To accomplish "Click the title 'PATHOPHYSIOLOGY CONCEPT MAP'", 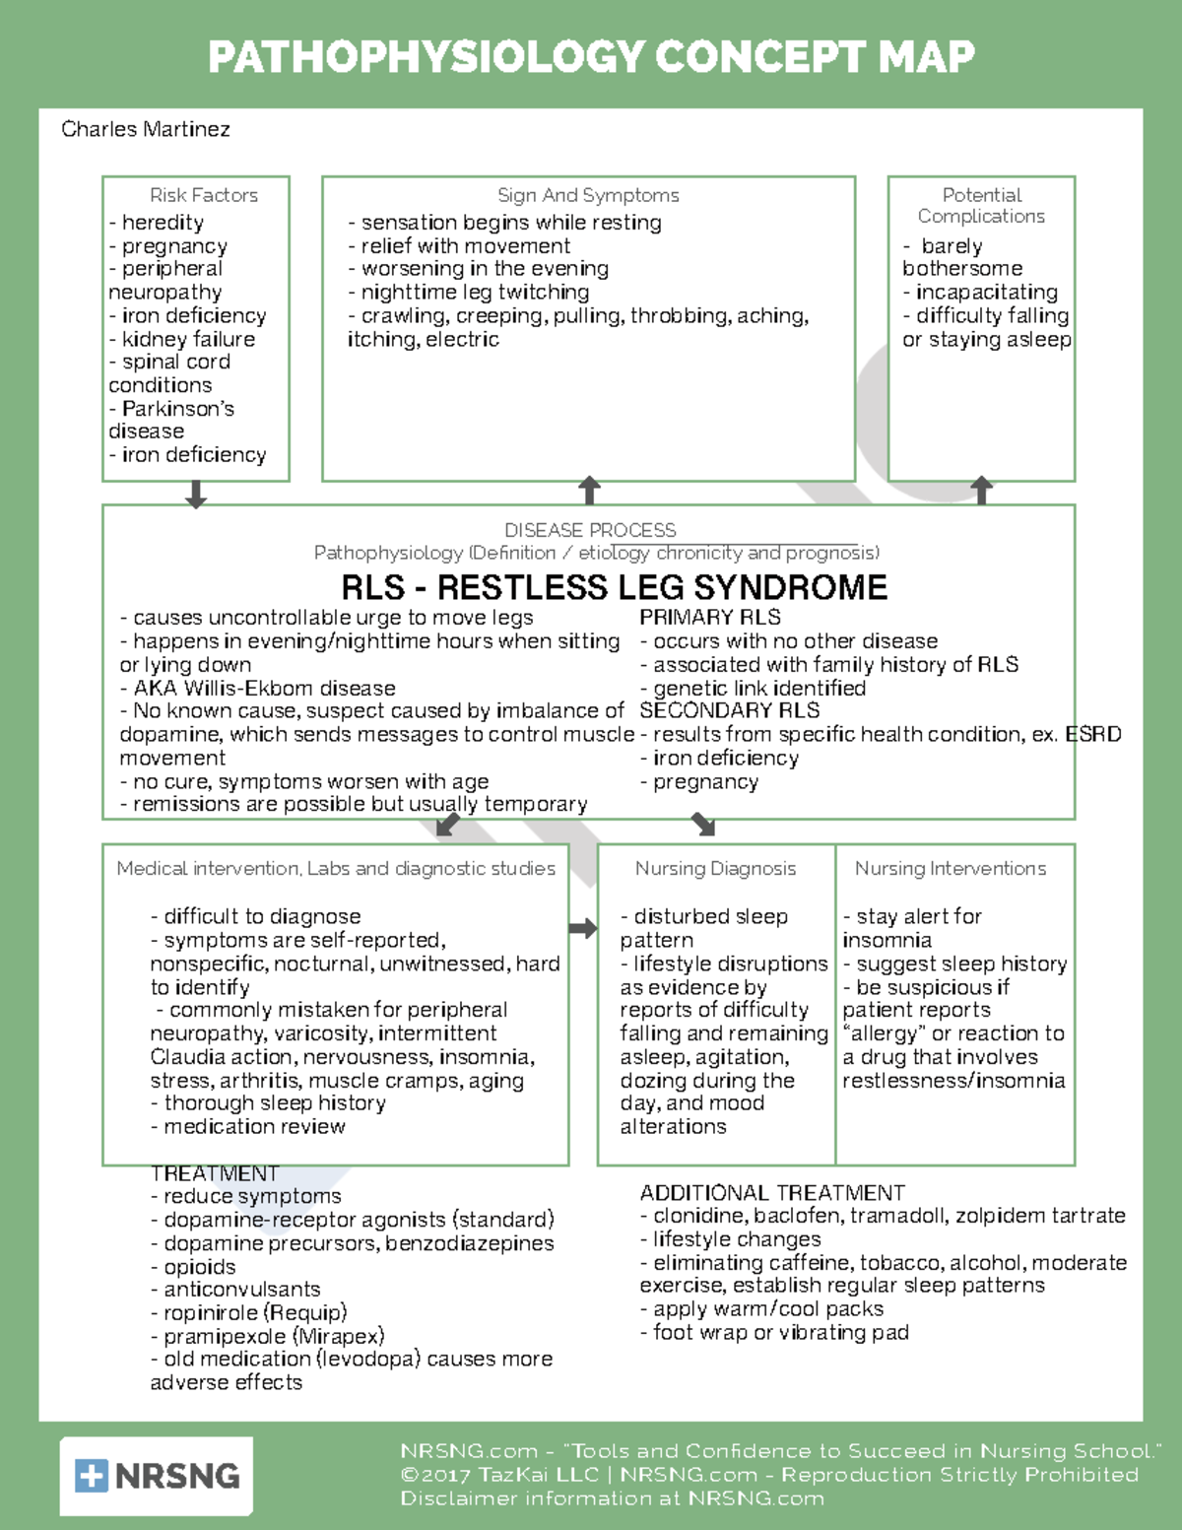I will (591, 56).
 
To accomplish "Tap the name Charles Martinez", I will (146, 129).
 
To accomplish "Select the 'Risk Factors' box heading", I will (204, 195).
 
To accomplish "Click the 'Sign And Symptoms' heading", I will (588, 195).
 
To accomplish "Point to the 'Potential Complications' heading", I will (981, 205).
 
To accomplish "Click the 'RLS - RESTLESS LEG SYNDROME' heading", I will (614, 587).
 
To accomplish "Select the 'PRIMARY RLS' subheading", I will (709, 618).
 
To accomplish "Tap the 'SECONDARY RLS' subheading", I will (729, 710).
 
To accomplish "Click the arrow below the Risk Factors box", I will (196, 494).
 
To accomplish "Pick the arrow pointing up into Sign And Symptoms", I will (589, 490).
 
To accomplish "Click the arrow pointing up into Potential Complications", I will (981, 490).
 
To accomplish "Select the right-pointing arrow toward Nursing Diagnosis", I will (583, 928).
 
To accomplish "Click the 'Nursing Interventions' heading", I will (951, 868).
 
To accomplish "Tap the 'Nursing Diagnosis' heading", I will (715, 868).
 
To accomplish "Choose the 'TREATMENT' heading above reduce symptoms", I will (215, 1173).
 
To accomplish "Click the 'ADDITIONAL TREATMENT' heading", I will (772, 1193).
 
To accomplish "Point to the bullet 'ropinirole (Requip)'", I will (254, 1313).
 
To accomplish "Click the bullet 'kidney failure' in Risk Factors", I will (187, 339).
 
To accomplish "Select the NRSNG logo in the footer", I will (157, 1475).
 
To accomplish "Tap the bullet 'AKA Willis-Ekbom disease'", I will (262, 688).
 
